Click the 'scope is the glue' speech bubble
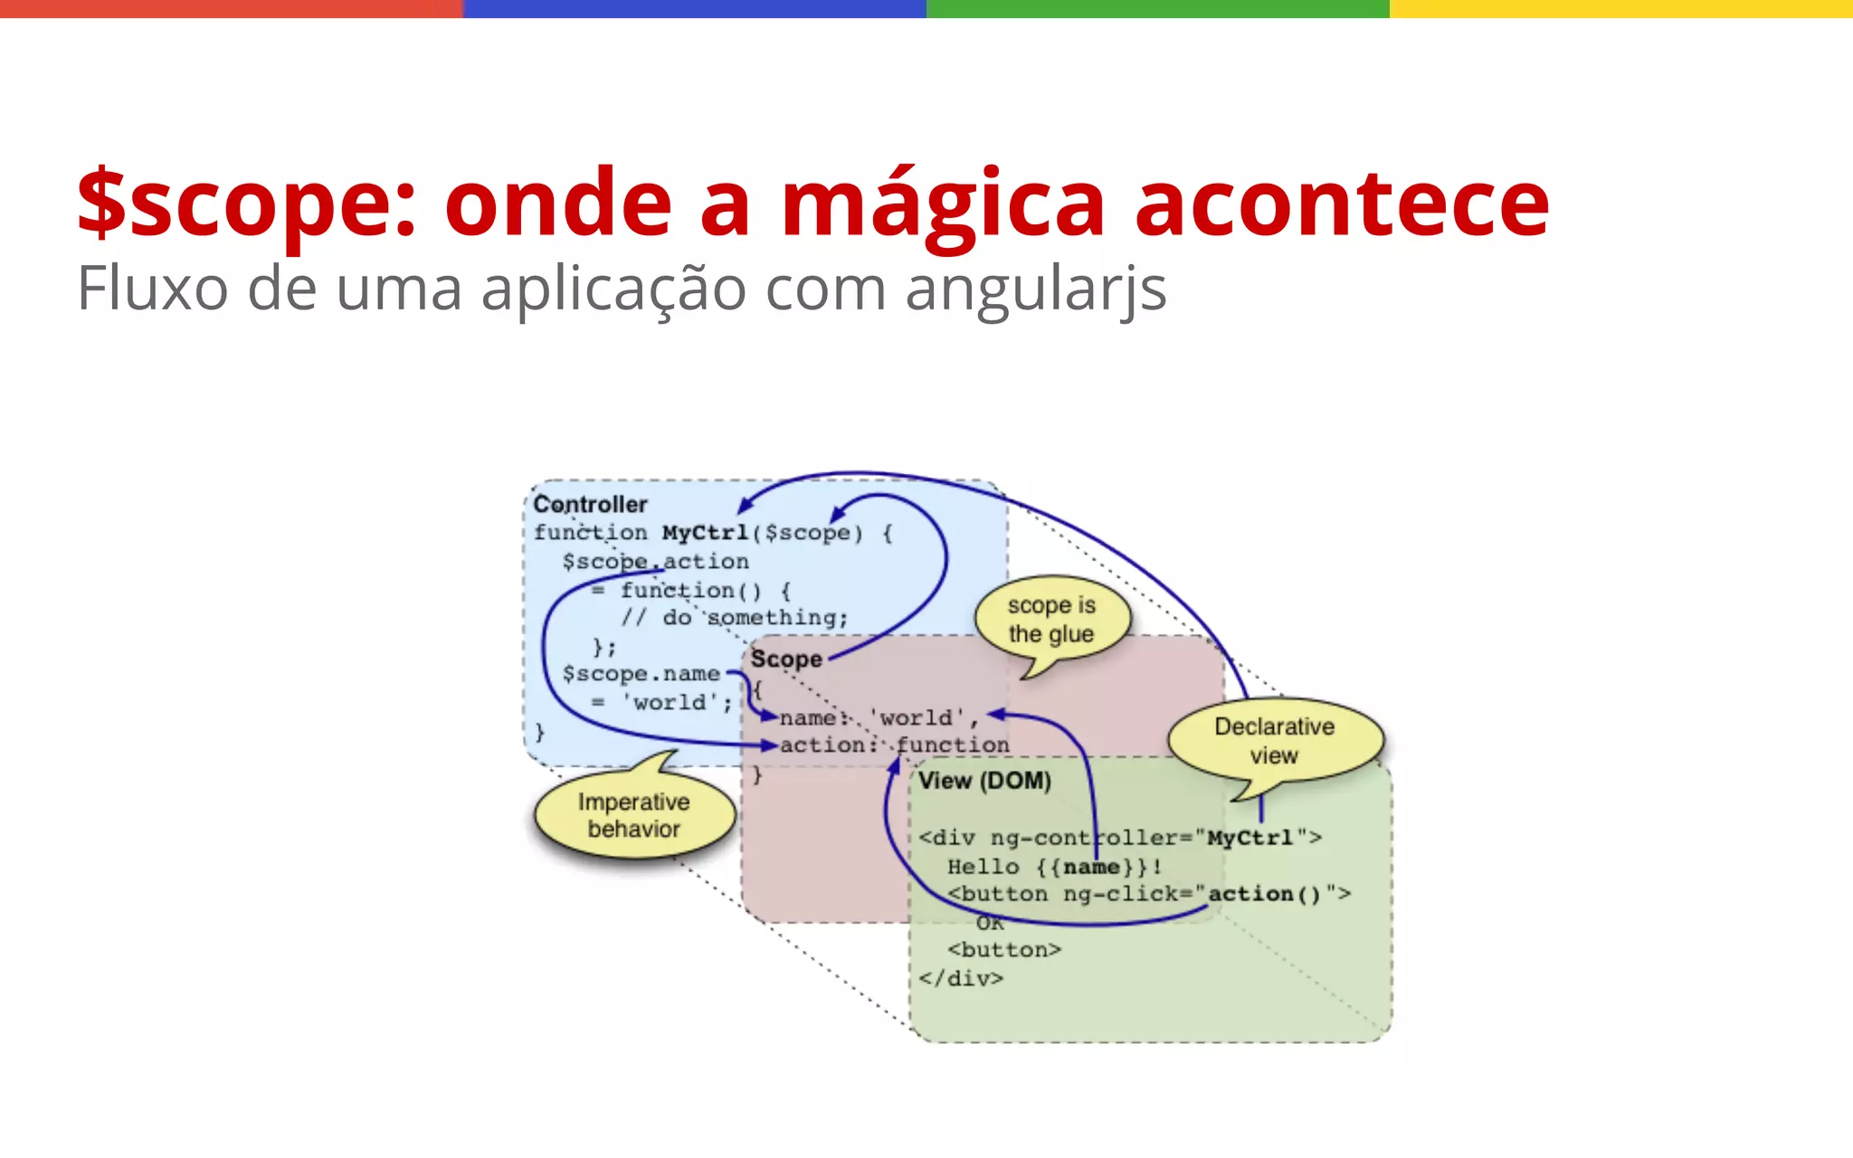(1051, 620)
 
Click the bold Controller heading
(590, 504)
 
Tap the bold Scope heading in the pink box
(785, 659)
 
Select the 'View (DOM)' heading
(984, 781)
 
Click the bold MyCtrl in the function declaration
(705, 533)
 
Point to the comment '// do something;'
(734, 618)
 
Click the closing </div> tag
(960, 978)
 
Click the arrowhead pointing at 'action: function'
(771, 745)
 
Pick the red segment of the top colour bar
(232, 8)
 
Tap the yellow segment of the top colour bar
(1620, 8)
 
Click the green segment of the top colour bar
(1157, 8)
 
